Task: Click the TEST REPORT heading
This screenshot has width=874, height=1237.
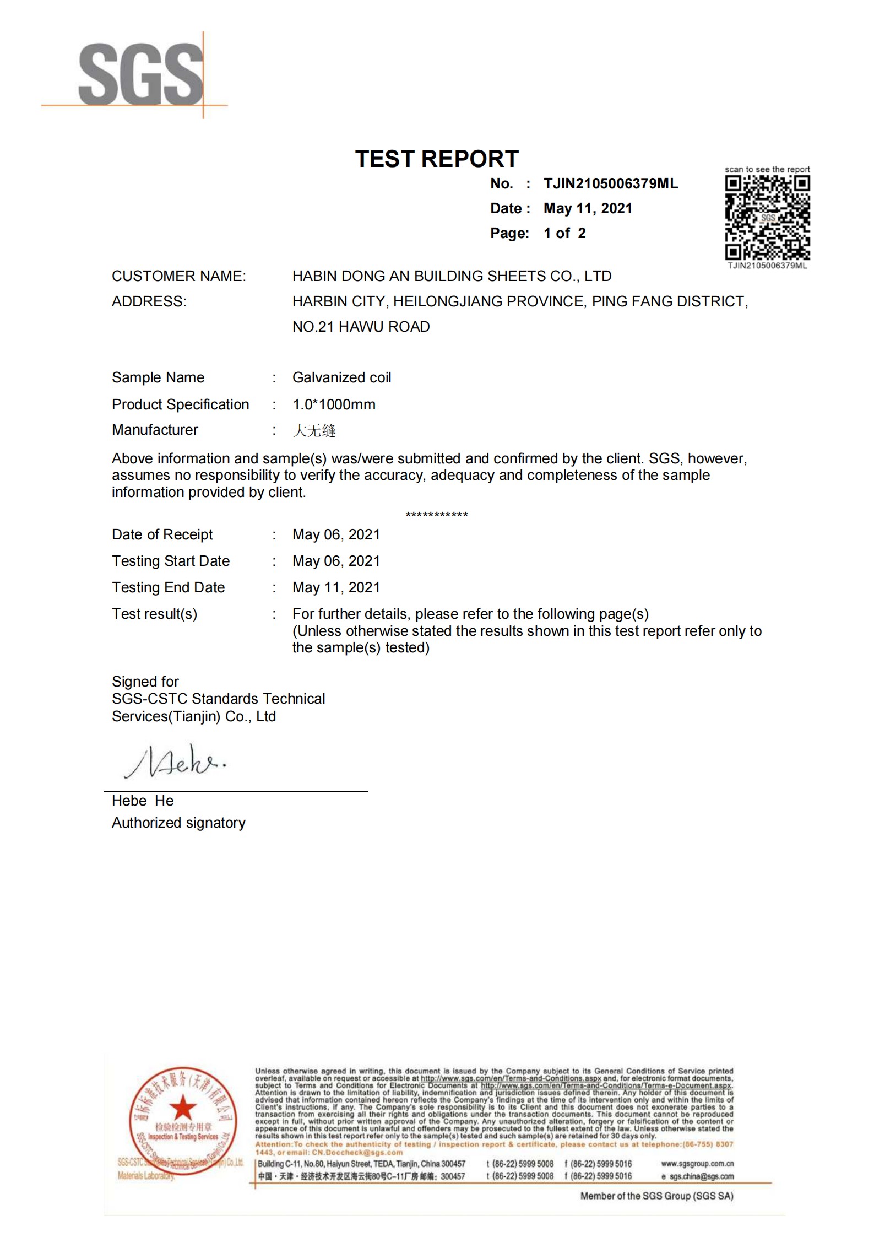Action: click(x=437, y=159)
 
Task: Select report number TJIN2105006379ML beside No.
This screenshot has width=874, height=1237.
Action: click(x=611, y=183)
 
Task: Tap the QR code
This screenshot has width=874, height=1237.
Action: click(x=767, y=218)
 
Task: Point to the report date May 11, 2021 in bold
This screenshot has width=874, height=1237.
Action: click(x=588, y=208)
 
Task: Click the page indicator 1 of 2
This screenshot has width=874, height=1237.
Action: click(x=564, y=233)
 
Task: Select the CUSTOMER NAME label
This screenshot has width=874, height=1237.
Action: click(x=179, y=276)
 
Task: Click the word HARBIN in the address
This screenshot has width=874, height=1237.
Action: click(x=319, y=301)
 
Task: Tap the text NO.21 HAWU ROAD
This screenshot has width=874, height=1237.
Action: click(x=361, y=327)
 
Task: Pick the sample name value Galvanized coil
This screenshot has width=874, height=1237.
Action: click(x=341, y=377)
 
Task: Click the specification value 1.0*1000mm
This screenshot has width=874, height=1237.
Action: click(x=334, y=404)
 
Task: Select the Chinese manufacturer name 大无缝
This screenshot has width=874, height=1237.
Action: click(x=314, y=430)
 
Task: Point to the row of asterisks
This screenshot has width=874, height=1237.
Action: click(x=437, y=515)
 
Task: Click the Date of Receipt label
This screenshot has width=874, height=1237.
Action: click(x=162, y=534)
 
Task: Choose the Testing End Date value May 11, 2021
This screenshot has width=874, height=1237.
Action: click(x=336, y=587)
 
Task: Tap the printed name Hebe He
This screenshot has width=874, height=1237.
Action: click(x=143, y=801)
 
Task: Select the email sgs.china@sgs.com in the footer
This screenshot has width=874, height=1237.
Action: click(x=701, y=1176)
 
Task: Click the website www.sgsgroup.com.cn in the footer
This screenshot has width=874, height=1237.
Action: click(x=697, y=1164)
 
